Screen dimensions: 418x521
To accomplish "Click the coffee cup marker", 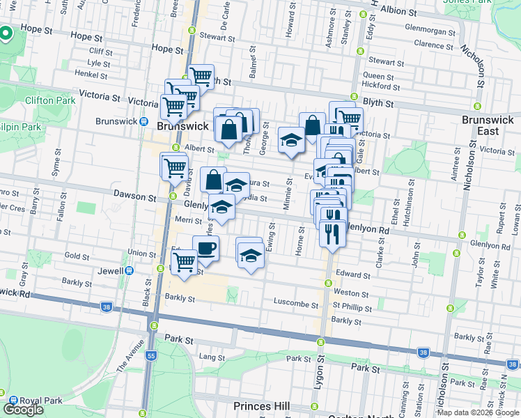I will tap(205, 248).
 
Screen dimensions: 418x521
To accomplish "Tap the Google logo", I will tap(23, 409).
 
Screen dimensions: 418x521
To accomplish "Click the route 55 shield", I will tap(151, 355).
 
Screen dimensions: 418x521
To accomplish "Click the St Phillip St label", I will tap(352, 307).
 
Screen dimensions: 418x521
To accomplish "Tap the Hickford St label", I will tap(381, 86).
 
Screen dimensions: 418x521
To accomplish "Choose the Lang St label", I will tap(209, 357).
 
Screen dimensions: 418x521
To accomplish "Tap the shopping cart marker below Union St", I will tap(184, 263).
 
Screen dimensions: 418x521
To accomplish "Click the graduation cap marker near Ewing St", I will tap(251, 256).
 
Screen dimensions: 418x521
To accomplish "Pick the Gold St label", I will tap(77, 256).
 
